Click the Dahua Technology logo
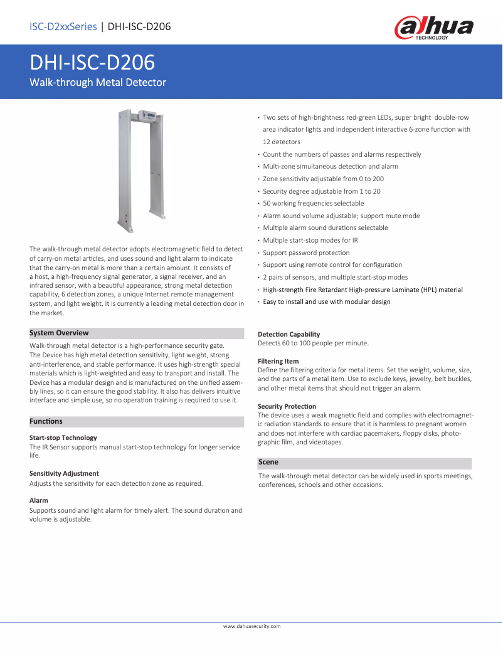(x=433, y=29)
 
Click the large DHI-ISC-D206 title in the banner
(x=93, y=63)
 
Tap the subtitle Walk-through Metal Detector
(x=98, y=83)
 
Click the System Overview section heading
(x=59, y=333)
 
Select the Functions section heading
(x=46, y=421)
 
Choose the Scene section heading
(x=268, y=462)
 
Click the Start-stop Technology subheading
(x=63, y=438)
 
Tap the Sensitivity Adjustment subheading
(x=64, y=473)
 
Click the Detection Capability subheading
(x=289, y=334)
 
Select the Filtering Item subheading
(x=278, y=361)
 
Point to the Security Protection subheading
(x=287, y=406)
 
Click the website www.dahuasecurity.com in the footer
(x=251, y=626)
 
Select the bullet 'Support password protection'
(x=306, y=253)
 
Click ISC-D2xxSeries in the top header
(x=63, y=26)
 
